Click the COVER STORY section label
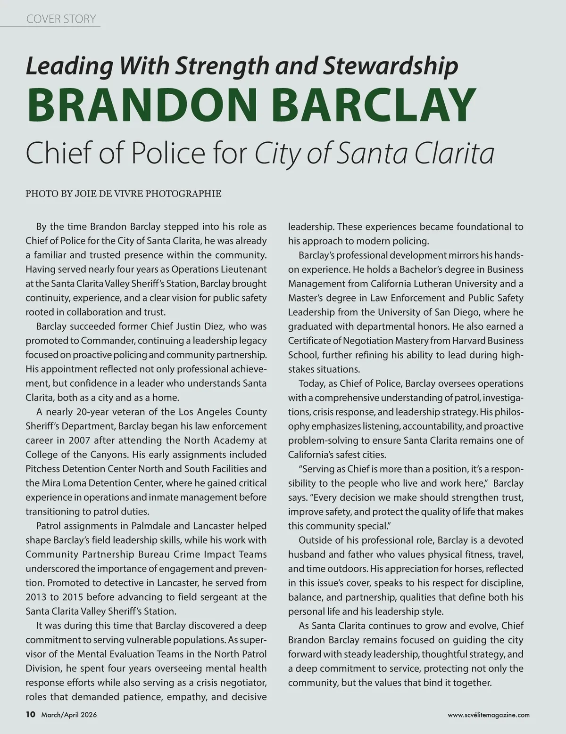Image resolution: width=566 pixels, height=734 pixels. point(61,19)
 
